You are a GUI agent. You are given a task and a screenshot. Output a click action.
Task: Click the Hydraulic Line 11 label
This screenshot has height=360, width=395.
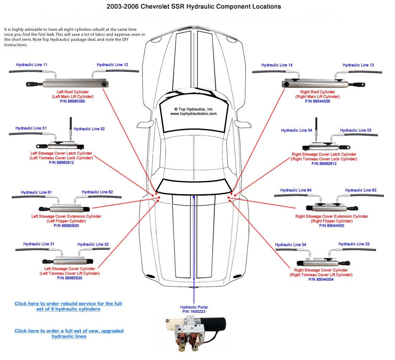click(x=32, y=65)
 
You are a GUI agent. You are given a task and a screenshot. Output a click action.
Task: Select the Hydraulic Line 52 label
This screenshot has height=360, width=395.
click(x=89, y=129)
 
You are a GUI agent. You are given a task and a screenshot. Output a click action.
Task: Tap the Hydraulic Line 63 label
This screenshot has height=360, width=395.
click(x=361, y=190)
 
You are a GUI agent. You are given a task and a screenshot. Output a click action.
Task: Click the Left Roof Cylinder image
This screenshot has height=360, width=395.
click(x=68, y=84)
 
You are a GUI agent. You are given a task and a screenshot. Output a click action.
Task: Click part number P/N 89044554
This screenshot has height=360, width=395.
click(x=321, y=279)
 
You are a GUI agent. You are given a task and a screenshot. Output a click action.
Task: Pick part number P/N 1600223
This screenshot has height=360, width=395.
click(x=194, y=312)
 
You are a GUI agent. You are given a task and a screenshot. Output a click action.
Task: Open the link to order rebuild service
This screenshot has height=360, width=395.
click(x=68, y=306)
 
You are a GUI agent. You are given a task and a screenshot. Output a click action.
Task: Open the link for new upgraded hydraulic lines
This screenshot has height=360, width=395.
click(x=69, y=333)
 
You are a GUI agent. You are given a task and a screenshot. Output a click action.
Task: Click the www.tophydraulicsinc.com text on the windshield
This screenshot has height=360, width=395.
click(x=193, y=114)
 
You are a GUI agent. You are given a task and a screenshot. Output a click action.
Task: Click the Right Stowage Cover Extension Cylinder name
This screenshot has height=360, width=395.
click(x=332, y=216)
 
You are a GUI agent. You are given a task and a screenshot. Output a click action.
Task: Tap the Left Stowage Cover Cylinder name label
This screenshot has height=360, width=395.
click(x=70, y=269)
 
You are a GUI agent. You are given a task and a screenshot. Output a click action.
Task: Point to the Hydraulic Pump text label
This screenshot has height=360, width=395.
click(x=194, y=307)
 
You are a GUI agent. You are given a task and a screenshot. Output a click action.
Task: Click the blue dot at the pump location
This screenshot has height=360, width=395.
click(x=194, y=197)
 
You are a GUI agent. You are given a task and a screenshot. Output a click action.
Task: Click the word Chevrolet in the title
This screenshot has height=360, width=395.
click(x=149, y=6)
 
